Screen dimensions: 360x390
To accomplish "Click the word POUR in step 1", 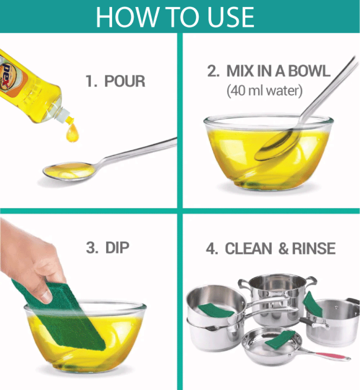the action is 125,81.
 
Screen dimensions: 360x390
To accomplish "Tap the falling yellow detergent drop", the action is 72,133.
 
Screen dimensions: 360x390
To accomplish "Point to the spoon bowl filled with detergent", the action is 69,171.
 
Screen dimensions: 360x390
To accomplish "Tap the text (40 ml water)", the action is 265,91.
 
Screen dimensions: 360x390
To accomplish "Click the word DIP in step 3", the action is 117,247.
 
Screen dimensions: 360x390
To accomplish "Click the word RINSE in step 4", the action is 314,249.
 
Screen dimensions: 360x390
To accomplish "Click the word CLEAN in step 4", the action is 248,249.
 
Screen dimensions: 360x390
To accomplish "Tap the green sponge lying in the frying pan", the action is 280,339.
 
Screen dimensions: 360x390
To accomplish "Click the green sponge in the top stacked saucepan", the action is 215,310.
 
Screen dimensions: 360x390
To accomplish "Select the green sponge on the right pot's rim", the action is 312,304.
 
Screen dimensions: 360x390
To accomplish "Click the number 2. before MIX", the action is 213,71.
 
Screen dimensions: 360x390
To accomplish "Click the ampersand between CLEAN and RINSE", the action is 283,249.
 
